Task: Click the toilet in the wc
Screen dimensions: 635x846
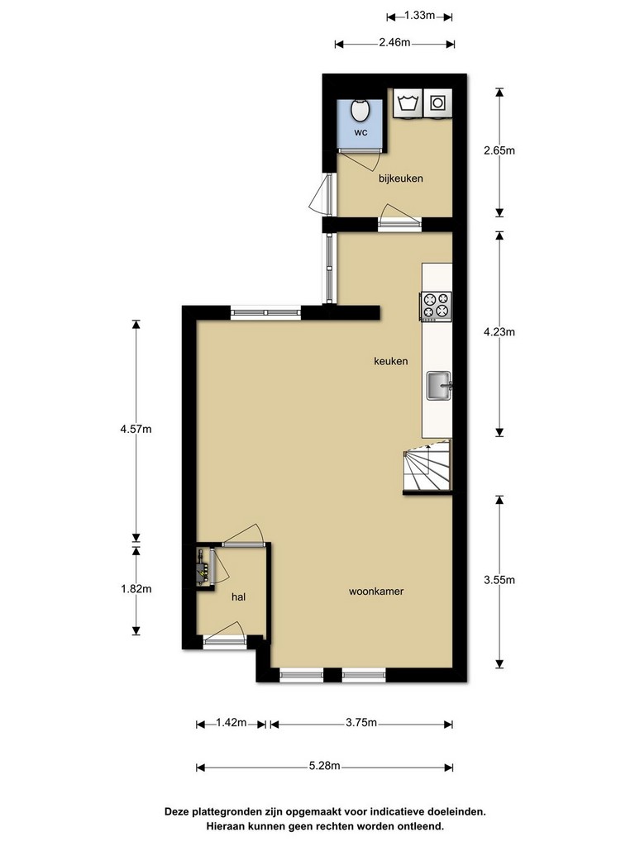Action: (360, 110)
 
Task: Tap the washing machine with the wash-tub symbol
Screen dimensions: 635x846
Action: (408, 102)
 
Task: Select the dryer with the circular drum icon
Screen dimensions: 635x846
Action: (437, 102)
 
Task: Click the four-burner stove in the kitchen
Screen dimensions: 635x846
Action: (436, 306)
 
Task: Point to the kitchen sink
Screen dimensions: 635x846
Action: (440, 386)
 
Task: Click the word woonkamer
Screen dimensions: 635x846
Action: (376, 592)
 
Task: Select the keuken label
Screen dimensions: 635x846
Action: (390, 361)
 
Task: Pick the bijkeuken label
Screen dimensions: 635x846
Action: (401, 178)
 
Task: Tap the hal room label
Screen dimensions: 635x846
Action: (238, 596)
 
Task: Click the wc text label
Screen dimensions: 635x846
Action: (360, 132)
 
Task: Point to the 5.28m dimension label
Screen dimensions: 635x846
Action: (324, 766)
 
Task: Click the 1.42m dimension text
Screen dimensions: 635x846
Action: (232, 722)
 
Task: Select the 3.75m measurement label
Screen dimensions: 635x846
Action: (361, 722)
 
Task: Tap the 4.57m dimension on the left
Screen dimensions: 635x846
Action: (136, 430)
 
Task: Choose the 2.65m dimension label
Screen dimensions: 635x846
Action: (499, 150)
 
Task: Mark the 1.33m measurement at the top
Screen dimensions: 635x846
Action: (419, 16)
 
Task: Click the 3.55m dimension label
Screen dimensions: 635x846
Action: (499, 580)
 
